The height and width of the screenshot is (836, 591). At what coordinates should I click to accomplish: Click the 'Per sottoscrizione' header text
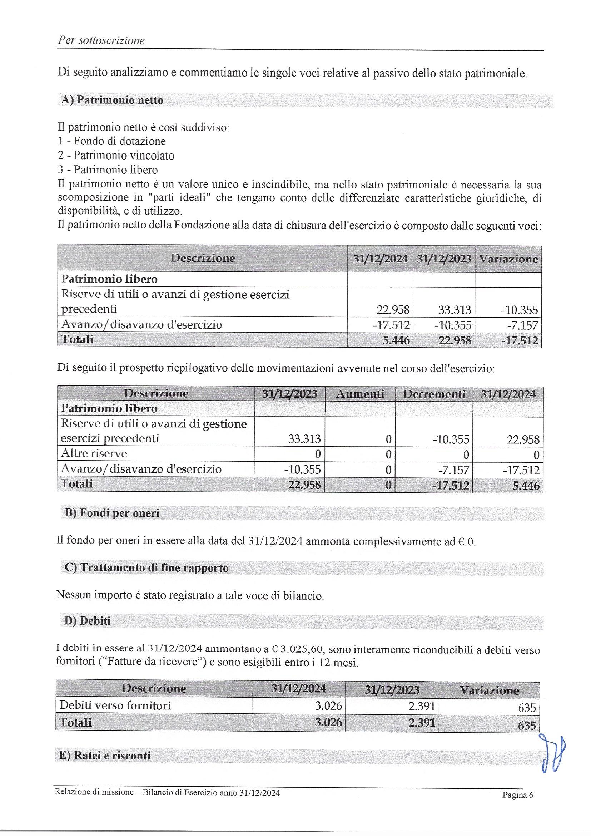[101, 40]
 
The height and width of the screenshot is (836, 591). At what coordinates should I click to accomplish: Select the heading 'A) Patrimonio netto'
[112, 100]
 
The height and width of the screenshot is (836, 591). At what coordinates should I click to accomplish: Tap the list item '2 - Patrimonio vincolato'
[116, 156]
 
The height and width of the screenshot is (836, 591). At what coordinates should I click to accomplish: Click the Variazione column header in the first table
[508, 259]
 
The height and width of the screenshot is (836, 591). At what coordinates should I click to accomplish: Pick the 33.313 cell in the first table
[455, 310]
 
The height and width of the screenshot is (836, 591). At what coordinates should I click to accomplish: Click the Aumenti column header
[360, 394]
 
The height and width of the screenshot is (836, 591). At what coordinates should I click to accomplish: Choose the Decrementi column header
[434, 394]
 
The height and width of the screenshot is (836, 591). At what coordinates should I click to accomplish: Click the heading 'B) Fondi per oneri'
[112, 513]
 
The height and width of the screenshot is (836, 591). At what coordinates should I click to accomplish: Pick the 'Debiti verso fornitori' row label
[115, 705]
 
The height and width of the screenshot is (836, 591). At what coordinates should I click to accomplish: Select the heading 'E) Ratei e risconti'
[104, 756]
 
